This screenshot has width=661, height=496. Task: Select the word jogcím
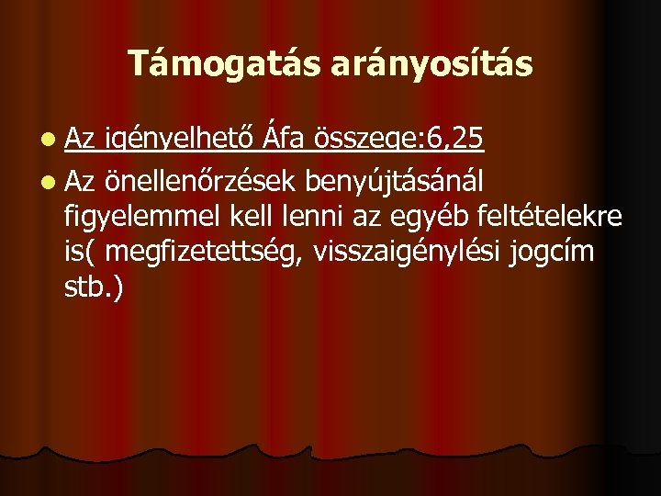[551, 253]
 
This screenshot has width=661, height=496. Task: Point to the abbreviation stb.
[88, 288]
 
